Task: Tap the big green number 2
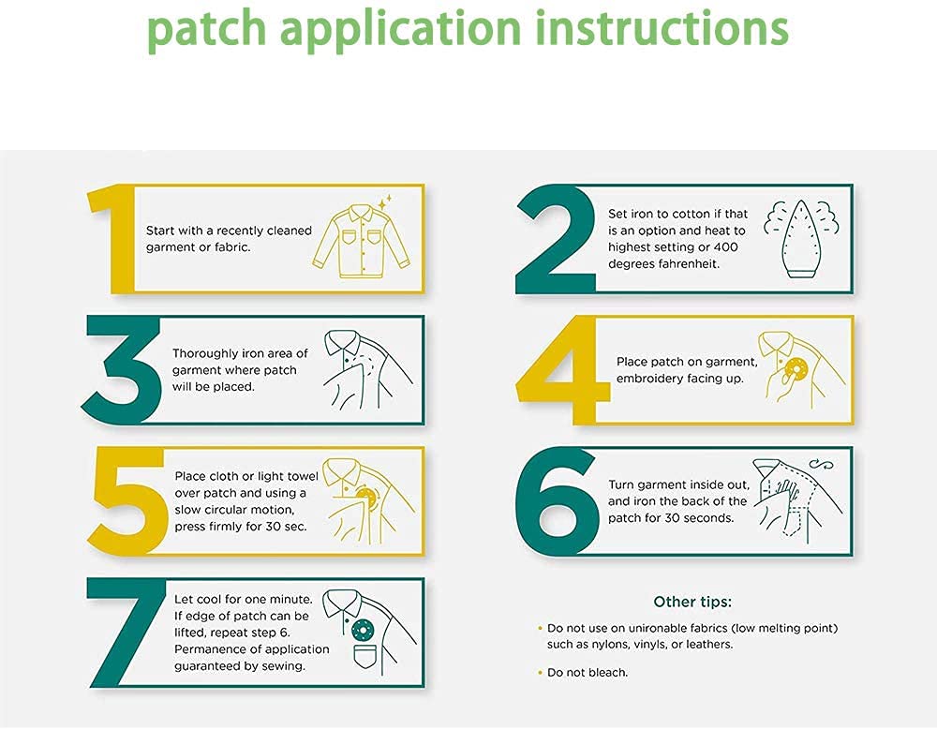pyautogui.click(x=555, y=239)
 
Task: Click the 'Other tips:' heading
pyautogui.click(x=692, y=602)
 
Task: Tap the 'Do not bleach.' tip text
pyautogui.click(x=587, y=672)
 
